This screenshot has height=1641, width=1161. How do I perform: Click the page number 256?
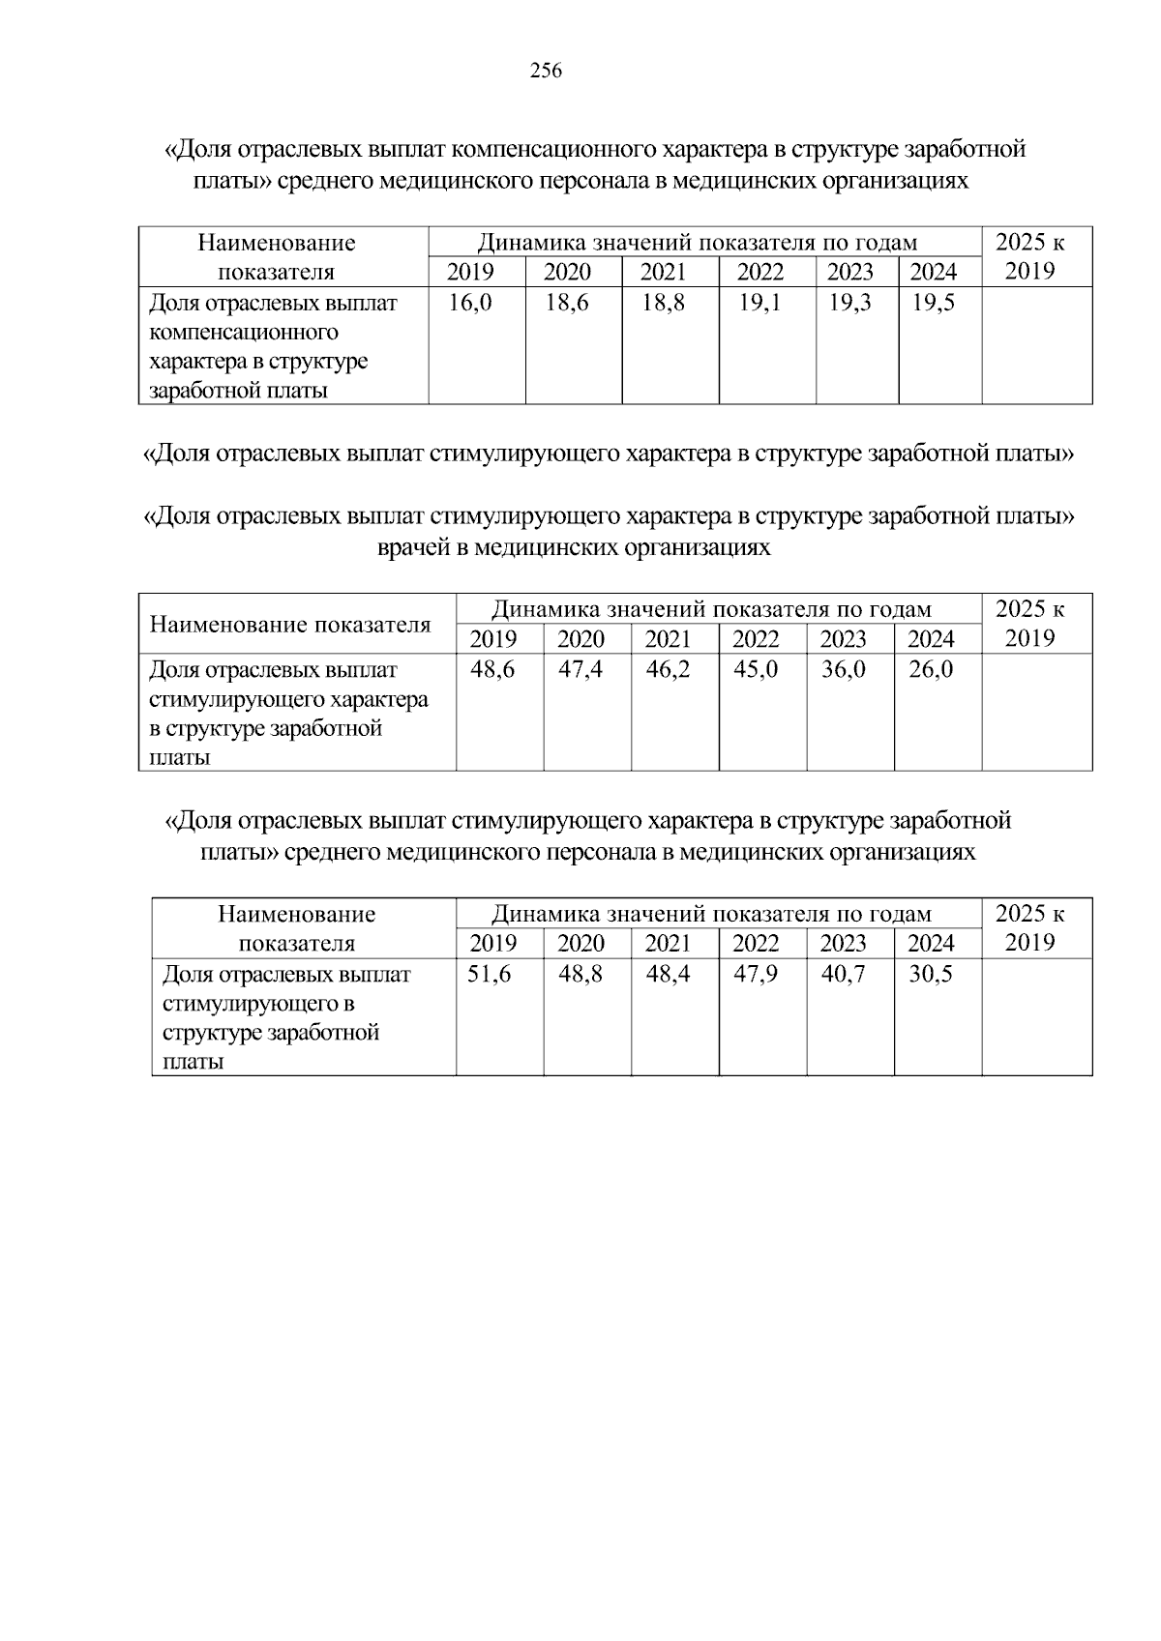point(546,71)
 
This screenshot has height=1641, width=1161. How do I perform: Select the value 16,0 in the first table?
point(470,303)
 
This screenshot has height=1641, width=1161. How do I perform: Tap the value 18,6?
point(567,303)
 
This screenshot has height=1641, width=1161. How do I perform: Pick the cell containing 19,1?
point(759,303)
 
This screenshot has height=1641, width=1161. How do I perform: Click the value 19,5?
point(933,303)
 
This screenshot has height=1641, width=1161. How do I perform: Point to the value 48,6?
point(492,669)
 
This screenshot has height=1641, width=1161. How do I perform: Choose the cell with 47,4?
point(580,669)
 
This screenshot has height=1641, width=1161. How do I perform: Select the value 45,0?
point(756,669)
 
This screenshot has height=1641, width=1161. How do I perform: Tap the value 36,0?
point(843,669)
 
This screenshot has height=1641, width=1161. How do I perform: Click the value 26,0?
point(931,669)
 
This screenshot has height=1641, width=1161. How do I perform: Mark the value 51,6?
point(490,974)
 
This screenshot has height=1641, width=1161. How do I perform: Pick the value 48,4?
point(668,974)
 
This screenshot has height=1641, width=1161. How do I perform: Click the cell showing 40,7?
point(843,974)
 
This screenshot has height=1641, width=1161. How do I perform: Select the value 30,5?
point(931,974)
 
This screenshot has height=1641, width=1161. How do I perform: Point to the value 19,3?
point(849,303)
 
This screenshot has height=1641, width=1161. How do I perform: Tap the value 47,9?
point(756,974)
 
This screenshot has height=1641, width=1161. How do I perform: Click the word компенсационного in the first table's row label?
point(244,333)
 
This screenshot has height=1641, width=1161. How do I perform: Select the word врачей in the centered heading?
point(412,548)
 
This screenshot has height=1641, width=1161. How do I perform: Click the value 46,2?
point(668,669)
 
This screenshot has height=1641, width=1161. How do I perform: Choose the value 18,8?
point(663,303)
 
